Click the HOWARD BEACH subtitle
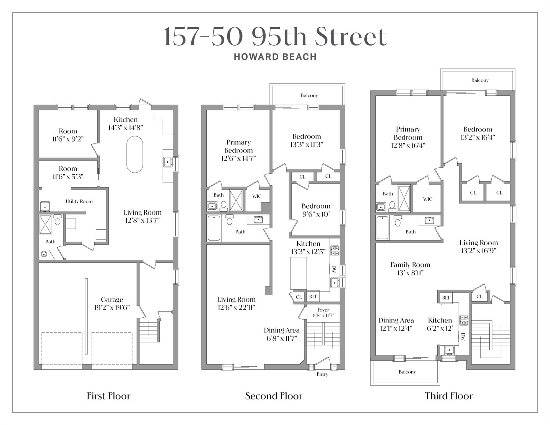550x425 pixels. click(x=275, y=57)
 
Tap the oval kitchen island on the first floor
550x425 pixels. click(x=135, y=154)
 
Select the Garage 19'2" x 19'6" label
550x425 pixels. click(x=112, y=304)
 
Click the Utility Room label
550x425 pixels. click(x=79, y=201)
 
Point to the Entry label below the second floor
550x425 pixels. click(x=322, y=374)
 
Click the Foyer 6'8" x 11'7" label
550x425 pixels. click(x=323, y=313)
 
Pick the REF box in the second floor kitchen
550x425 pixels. click(x=313, y=297)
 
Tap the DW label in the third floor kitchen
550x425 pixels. click(x=463, y=336)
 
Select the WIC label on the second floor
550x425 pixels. click(x=256, y=196)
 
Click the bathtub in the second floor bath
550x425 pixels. click(x=214, y=228)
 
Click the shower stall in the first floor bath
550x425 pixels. click(x=45, y=224)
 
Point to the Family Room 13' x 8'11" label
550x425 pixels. click(x=410, y=269)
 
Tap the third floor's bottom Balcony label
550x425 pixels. click(x=407, y=372)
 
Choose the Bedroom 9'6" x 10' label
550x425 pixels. click(x=316, y=210)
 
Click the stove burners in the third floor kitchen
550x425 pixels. click(x=464, y=320)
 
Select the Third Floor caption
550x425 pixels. click(x=448, y=396)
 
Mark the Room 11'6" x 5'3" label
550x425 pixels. click(x=68, y=173)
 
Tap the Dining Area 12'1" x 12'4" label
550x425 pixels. click(x=396, y=324)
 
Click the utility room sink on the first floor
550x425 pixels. click(x=45, y=206)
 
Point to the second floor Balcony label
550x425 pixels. click(x=309, y=95)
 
